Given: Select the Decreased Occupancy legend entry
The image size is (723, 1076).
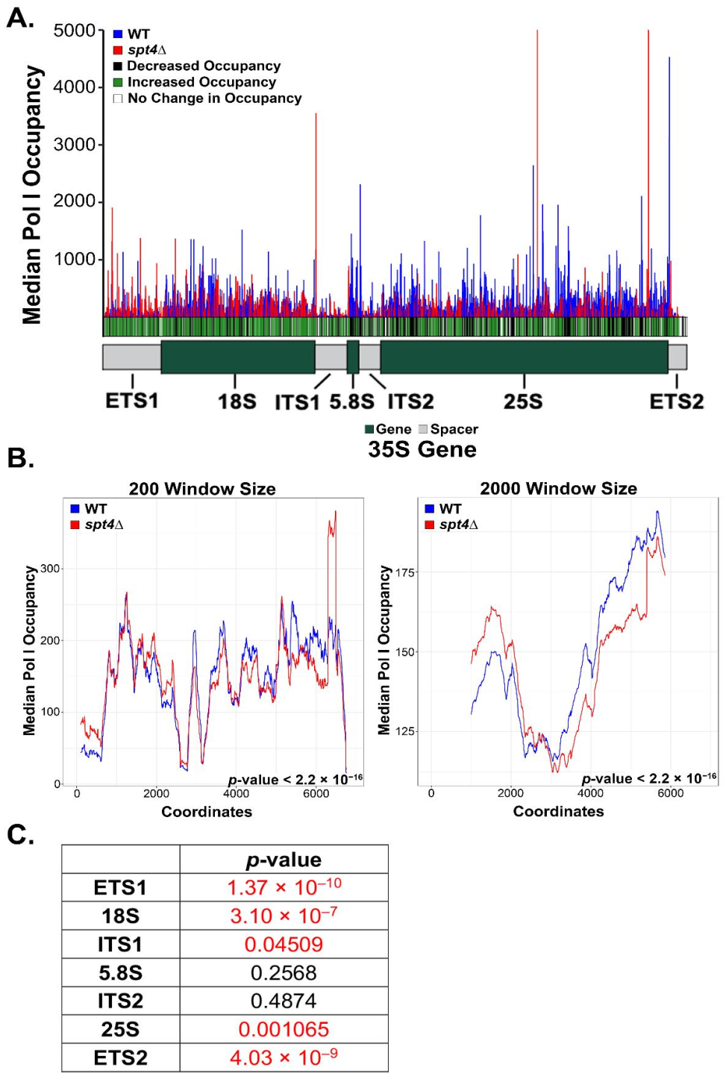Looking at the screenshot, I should pos(203,66).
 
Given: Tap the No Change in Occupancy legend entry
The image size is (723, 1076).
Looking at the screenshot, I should pos(213,98).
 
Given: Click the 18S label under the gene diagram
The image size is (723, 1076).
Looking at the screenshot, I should pos(237,401).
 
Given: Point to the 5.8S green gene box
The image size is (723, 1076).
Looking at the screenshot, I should pos(353,357).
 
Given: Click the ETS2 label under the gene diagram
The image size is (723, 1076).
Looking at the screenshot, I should pos(676,401).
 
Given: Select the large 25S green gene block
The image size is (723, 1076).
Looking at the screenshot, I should pos(524,357).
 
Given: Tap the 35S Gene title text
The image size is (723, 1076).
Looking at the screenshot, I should pos(422,450).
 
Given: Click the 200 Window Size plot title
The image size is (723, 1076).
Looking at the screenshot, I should pos(202,489).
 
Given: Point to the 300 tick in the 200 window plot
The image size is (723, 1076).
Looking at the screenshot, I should pos(50,569).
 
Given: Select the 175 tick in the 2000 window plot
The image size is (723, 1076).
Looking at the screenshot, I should pos(406,572).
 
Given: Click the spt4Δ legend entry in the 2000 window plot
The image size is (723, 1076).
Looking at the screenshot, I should pos(457,525).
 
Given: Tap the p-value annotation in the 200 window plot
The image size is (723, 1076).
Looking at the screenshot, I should pos(295,779).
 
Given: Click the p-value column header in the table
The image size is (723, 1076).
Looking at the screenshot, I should pos(284,860).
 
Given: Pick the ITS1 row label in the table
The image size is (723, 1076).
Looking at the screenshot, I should pos(120,945).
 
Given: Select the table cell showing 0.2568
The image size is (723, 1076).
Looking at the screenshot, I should pos(284,973).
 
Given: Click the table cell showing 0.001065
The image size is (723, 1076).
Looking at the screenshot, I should pos(284,1030).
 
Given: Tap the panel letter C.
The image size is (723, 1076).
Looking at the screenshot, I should pos(20,835).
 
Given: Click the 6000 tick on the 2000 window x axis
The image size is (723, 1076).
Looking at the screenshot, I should pos(670,793).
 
